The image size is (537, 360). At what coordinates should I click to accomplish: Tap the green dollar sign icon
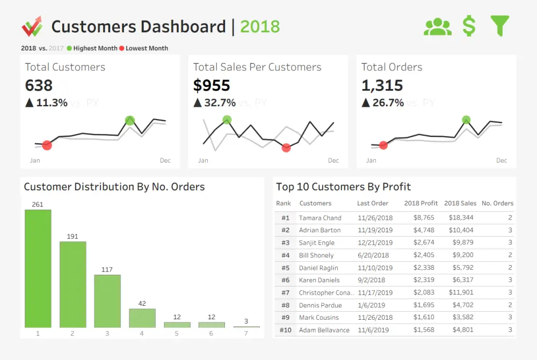pos(469,26)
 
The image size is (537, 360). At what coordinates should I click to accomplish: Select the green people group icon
pos(438,27)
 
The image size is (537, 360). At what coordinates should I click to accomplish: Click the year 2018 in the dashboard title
pos(260,26)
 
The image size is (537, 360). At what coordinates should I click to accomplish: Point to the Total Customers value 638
pos(39,85)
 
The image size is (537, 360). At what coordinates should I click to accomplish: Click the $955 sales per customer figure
pos(212,85)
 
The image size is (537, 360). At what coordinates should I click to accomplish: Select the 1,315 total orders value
pos(382,85)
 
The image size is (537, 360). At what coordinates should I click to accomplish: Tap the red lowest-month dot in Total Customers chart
pos(47,145)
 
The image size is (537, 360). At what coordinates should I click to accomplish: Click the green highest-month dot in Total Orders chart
pos(466,120)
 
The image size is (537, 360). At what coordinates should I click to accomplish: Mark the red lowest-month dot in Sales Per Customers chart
pos(286,148)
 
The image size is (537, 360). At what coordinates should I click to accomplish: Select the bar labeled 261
pos(38,268)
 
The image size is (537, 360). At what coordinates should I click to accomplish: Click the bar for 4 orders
pos(142,318)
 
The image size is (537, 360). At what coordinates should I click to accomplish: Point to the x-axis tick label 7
pos(246,333)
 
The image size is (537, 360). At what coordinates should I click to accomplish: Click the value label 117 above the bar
pos(107,269)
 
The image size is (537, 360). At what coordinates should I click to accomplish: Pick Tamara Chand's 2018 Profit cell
pos(424,218)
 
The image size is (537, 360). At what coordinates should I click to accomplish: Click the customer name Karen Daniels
pos(319,280)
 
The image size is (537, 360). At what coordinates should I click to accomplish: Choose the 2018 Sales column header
pos(460,203)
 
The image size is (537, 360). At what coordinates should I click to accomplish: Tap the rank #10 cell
pos(285,330)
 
